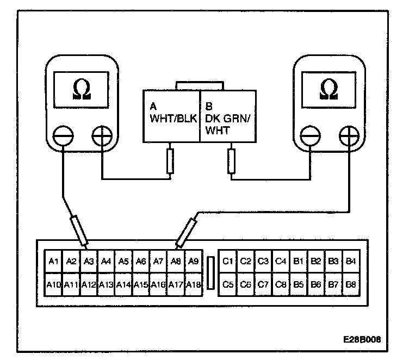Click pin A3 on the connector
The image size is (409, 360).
coord(89,262)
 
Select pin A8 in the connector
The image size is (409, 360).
coord(175,262)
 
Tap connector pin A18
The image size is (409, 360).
coord(193,284)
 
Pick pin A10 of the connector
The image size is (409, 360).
coord(53,284)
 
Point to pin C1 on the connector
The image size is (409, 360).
coord(228,262)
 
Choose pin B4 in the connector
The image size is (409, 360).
coord(350,262)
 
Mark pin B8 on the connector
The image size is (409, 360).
coord(350,284)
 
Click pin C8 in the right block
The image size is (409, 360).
coord(280,284)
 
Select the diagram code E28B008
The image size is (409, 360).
coord(361,338)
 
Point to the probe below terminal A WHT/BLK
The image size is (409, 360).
coord(170,161)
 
